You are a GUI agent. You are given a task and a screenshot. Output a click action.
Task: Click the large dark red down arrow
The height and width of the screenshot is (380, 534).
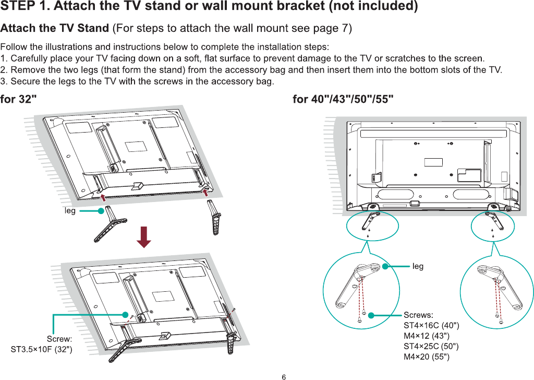pyautogui.click(x=143, y=237)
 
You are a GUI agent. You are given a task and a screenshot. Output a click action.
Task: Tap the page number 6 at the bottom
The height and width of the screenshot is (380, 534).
pyautogui.click(x=284, y=376)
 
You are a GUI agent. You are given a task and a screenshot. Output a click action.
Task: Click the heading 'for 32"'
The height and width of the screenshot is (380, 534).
pyautogui.click(x=18, y=99)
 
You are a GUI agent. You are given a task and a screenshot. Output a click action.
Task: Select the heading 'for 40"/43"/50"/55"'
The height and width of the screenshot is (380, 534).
pyautogui.click(x=343, y=99)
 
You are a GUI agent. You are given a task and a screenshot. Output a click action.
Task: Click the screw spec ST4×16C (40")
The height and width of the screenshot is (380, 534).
pyautogui.click(x=431, y=326)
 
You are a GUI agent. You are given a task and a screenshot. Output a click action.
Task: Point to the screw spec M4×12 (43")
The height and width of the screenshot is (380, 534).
pyautogui.click(x=427, y=336)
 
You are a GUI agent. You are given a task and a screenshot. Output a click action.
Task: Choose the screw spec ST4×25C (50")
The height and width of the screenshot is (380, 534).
pyautogui.click(x=431, y=347)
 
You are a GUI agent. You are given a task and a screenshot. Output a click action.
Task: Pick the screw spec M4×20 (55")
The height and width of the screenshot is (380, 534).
pyautogui.click(x=427, y=357)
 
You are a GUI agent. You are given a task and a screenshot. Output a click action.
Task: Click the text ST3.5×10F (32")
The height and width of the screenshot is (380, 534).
pyautogui.click(x=42, y=349)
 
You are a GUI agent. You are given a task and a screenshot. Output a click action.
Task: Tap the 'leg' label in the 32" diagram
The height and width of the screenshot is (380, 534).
pyautogui.click(x=70, y=211)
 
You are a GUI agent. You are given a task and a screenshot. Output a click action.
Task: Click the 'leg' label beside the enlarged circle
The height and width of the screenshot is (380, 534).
pyautogui.click(x=418, y=266)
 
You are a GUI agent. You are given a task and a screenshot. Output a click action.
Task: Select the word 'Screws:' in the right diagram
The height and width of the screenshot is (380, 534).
pyautogui.click(x=418, y=315)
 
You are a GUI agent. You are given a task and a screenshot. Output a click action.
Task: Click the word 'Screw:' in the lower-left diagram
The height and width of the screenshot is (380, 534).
pyautogui.click(x=59, y=339)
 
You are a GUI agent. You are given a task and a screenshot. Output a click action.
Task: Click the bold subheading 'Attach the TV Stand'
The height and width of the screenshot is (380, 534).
pyautogui.click(x=55, y=27)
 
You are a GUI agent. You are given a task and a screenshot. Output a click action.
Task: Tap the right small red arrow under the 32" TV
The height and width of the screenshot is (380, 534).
pyautogui.click(x=207, y=192)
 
